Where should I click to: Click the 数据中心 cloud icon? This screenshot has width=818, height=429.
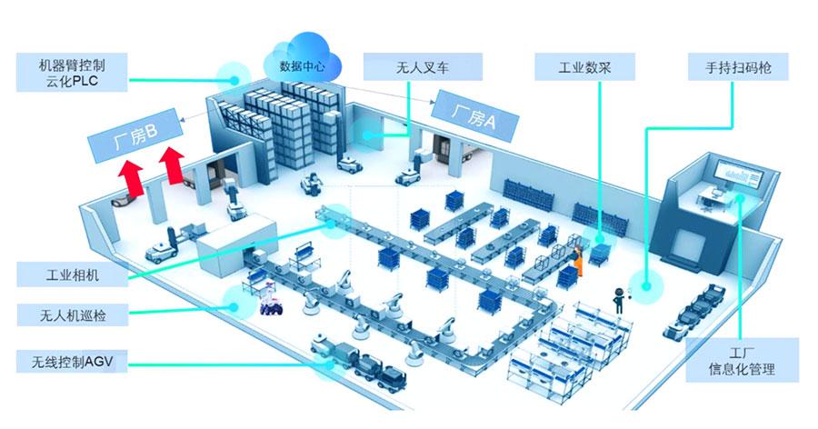[x=301, y=62]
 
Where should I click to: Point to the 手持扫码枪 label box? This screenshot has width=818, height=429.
[x=738, y=68]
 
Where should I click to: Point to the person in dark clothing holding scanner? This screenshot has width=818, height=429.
[x=621, y=297]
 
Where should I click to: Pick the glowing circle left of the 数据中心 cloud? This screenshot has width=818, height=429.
[x=234, y=73]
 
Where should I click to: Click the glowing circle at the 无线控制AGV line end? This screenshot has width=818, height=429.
[x=321, y=365]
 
